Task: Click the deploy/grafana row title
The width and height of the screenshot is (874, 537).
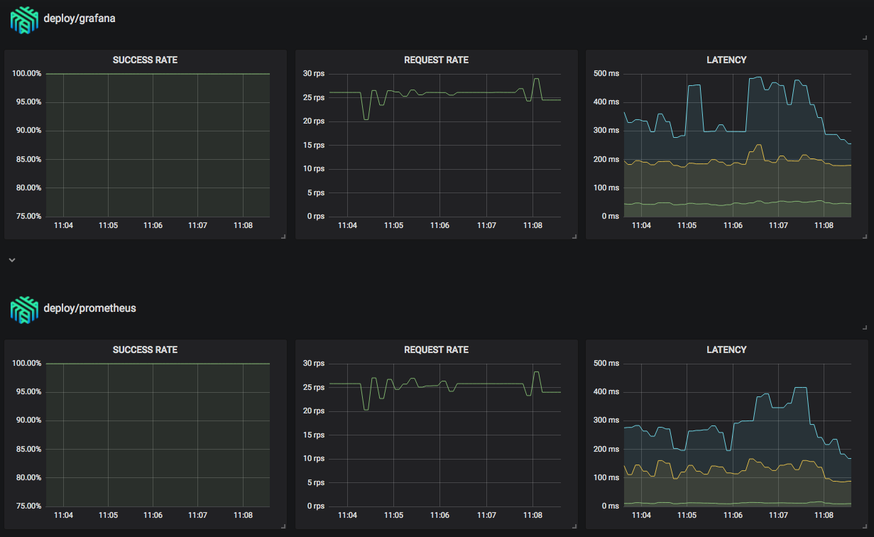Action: tap(79, 18)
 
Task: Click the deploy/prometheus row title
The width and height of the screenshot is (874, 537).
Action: tap(89, 308)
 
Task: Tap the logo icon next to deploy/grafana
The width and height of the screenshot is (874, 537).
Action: tap(23, 19)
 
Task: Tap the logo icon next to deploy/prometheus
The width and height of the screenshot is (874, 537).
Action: tap(23, 309)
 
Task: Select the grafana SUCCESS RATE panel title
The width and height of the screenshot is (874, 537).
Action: tap(145, 60)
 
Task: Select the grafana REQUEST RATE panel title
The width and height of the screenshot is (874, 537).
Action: tap(436, 60)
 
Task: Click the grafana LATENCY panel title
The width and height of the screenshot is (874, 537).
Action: tap(726, 60)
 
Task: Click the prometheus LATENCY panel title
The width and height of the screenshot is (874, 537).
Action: tap(726, 350)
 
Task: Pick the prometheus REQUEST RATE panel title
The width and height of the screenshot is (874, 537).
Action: tap(436, 350)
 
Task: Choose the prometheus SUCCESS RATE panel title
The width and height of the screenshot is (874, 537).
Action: tap(145, 350)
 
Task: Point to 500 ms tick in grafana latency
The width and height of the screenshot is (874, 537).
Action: tap(606, 74)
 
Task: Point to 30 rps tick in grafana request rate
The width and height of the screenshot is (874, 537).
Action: tap(313, 74)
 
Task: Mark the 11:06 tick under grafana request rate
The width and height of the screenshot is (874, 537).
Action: tap(439, 225)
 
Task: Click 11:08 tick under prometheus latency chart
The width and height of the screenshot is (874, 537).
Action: tap(824, 515)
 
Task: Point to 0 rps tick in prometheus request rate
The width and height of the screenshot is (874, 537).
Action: tap(315, 506)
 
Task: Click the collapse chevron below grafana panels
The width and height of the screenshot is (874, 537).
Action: tap(11, 260)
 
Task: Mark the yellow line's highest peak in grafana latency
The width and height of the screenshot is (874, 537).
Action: tap(759, 145)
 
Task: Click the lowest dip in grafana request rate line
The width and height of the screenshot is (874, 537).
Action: tap(366, 119)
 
